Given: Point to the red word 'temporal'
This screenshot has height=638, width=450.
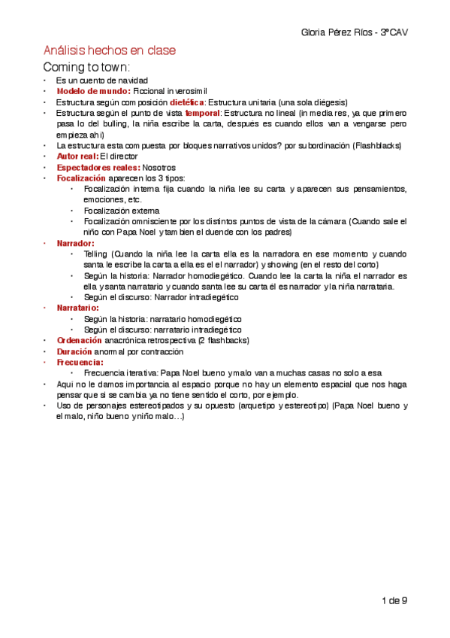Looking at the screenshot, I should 203,113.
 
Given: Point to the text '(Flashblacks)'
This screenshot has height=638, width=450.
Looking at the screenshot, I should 380,145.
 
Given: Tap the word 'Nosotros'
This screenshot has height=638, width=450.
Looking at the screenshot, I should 159,167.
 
